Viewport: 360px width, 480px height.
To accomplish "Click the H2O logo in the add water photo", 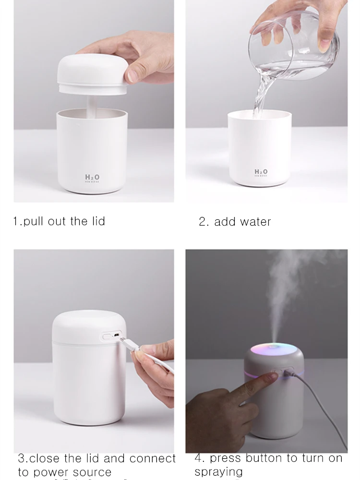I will click(261, 172).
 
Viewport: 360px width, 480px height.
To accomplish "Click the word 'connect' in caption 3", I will click(154, 458).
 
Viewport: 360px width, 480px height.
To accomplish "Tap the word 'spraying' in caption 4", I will click(218, 472).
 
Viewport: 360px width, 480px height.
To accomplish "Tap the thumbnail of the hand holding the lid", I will click(94, 101).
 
